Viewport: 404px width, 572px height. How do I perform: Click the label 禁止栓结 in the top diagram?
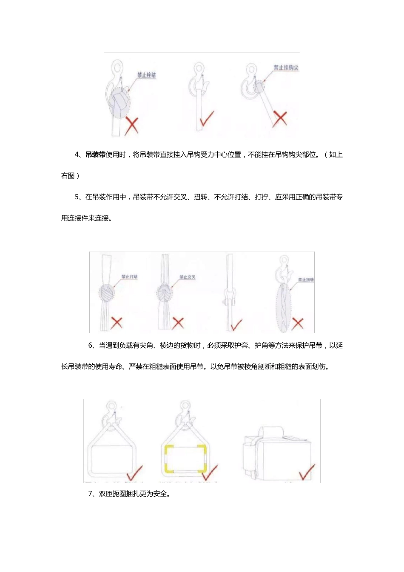coord(146,75)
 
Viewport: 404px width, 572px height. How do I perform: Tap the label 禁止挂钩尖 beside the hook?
coord(286,68)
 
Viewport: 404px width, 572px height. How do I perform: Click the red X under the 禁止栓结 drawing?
coord(131,126)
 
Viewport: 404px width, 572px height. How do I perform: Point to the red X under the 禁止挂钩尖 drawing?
coord(280,119)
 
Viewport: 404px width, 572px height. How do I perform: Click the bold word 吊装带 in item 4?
coord(95,155)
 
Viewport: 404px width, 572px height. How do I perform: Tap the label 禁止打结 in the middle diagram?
coord(129,277)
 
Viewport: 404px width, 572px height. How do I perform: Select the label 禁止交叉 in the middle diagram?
coord(187,277)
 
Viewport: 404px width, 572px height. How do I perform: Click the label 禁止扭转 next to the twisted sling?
coord(305,280)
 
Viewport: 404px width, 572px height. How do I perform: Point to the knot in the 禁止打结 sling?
coord(107,293)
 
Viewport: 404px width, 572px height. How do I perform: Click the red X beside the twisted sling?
coord(298,323)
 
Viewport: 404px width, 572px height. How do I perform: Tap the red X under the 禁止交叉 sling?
coord(178,323)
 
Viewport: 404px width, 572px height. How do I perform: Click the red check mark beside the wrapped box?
coord(307,472)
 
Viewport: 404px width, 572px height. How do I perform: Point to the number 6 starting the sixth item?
coord(90,346)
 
